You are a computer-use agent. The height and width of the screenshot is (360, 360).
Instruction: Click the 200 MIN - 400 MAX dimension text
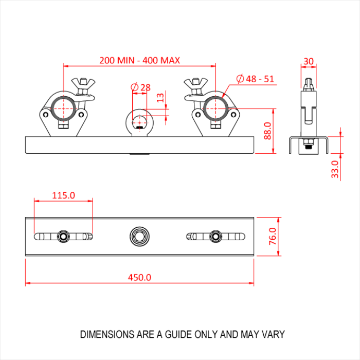(x=139, y=60)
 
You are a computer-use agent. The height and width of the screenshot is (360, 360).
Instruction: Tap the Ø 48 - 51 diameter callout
(x=255, y=79)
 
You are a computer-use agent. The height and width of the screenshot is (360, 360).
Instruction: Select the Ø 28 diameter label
(x=140, y=87)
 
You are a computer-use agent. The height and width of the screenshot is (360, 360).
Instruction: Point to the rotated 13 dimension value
(x=160, y=97)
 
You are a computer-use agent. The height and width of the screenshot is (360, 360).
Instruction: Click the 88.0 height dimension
(x=267, y=131)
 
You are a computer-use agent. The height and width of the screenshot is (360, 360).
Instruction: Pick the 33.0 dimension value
(x=335, y=169)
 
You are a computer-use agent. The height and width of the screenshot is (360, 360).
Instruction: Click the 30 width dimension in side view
(x=308, y=61)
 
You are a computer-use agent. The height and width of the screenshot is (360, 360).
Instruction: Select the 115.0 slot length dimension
(x=63, y=195)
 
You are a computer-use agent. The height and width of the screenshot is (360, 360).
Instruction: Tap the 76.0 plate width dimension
(x=273, y=237)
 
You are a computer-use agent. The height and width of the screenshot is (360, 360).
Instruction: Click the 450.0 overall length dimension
(x=139, y=277)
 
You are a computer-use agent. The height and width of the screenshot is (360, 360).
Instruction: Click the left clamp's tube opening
(x=63, y=108)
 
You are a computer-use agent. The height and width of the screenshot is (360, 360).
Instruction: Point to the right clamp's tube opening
(x=215, y=108)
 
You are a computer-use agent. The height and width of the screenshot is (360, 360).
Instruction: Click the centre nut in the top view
(x=139, y=236)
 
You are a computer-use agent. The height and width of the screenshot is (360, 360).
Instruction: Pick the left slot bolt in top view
(x=63, y=236)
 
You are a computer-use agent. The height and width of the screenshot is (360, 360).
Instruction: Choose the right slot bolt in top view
(x=215, y=236)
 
